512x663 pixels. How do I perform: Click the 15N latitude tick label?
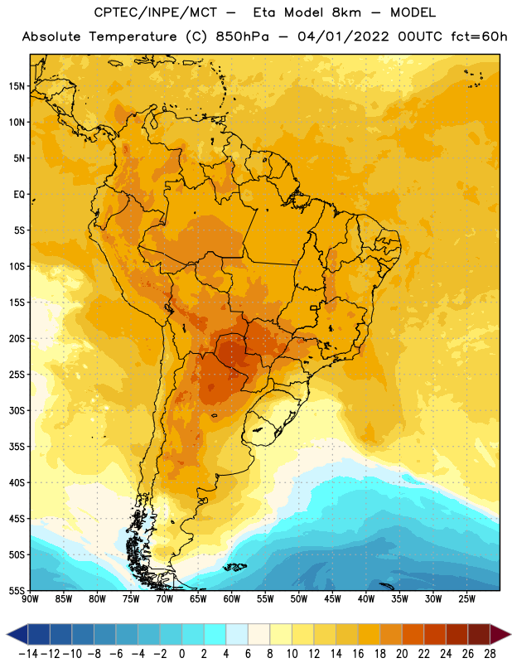click(17, 86)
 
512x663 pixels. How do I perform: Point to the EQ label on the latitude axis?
click(19, 195)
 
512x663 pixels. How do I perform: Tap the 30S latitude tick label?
click(17, 410)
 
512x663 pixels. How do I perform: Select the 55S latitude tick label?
click(17, 590)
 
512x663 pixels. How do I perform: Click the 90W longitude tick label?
click(30, 599)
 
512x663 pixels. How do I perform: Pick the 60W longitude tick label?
click(232, 599)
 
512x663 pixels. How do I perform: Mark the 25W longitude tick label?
click(466, 599)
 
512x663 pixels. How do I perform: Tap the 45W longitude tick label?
click(332, 599)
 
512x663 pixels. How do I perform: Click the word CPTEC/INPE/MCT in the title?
click(156, 12)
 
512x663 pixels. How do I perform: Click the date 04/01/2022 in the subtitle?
click(343, 36)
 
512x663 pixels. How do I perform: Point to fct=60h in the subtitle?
click(479, 36)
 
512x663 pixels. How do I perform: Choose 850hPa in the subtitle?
click(242, 36)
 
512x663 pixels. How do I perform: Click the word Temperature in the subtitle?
click(133, 36)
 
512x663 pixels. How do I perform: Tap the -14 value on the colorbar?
click(28, 654)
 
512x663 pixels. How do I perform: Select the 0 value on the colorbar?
click(181, 654)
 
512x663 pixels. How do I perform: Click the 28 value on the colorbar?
click(490, 654)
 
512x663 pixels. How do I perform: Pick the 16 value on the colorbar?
click(358, 654)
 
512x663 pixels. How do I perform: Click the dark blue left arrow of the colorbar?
click(17, 634)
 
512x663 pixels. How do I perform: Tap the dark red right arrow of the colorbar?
click(500, 634)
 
